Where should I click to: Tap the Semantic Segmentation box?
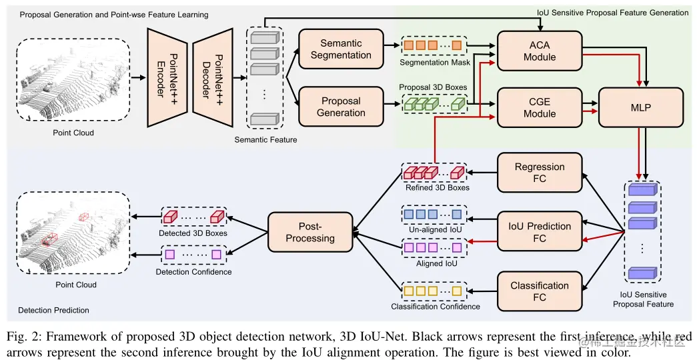341,49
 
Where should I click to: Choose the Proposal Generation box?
341,107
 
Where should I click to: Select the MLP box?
641,107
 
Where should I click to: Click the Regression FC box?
540,173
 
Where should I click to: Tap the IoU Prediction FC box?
540,232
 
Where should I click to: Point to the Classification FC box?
540,291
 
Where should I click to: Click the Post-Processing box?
310,232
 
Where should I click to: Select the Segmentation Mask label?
435,63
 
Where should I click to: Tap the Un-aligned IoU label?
435,229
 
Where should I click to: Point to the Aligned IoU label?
435,264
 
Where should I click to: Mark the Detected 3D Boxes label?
193,233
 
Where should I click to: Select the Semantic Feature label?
265,139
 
